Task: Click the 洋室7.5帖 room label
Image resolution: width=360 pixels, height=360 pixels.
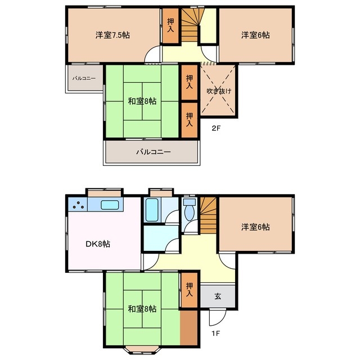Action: [112, 35]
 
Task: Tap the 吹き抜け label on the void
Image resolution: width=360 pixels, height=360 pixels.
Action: [219, 91]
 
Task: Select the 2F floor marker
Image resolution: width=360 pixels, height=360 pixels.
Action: [216, 128]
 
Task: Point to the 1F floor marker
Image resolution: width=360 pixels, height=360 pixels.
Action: [216, 333]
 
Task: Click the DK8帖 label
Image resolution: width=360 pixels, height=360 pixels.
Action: [98, 244]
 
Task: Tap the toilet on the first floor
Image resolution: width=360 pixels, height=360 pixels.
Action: [190, 209]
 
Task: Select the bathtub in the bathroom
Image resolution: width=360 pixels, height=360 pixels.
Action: [152, 210]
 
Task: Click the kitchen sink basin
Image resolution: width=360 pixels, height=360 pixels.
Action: [110, 205]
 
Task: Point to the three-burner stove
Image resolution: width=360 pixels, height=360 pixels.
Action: [78, 205]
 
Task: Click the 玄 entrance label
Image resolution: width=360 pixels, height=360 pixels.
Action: [218, 296]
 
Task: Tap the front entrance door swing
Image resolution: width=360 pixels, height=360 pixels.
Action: [218, 318]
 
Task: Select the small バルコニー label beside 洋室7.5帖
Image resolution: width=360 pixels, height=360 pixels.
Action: [84, 79]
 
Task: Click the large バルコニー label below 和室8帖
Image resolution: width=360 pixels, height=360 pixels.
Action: [154, 152]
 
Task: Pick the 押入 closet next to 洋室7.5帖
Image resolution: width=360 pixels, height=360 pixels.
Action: [170, 25]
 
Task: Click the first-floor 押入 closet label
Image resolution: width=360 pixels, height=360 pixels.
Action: [190, 289]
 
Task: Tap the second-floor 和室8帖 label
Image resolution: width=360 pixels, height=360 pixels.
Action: [142, 101]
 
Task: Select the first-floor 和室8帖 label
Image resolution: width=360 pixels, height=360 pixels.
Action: [142, 309]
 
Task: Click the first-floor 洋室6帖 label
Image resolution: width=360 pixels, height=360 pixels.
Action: [255, 227]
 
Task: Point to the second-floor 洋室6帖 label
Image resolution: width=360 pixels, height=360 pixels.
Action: [255, 35]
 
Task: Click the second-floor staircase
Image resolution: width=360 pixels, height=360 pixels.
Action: [191, 25]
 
